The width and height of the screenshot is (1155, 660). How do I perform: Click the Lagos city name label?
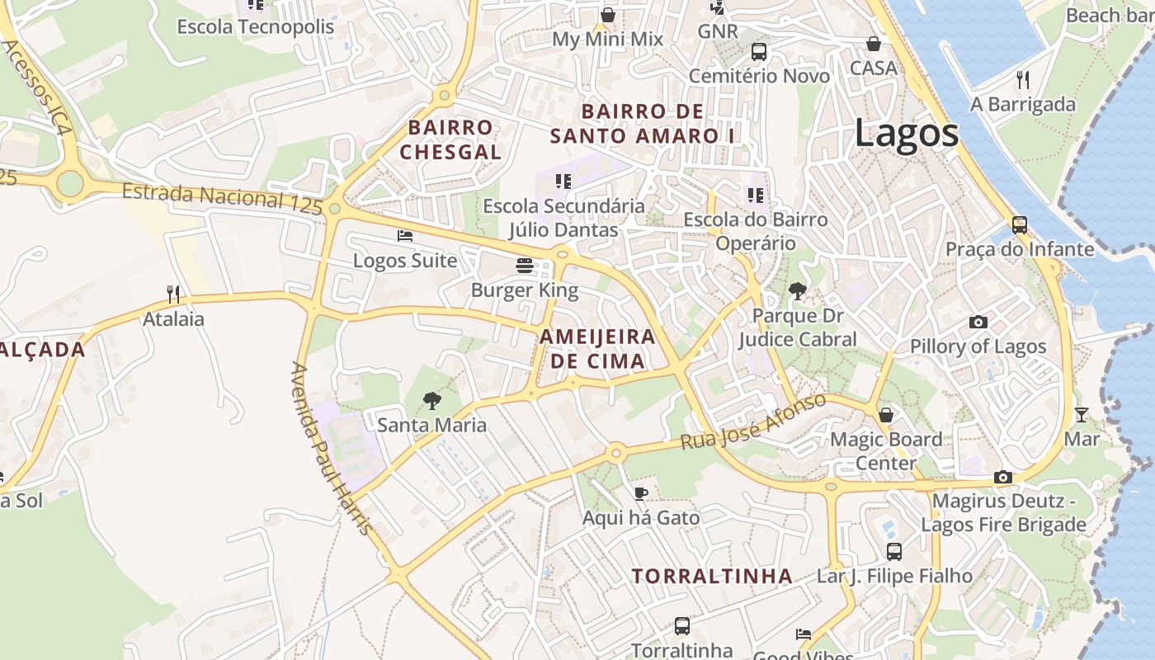906,133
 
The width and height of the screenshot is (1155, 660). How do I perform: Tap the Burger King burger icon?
525,266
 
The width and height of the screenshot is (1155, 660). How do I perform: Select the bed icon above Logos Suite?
404,236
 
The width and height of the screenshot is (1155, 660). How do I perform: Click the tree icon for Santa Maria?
431,401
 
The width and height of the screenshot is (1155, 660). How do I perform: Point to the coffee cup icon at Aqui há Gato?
640,493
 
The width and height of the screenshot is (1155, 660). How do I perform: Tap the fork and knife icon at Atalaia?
173,294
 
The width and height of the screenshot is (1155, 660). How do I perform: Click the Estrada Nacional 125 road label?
221,200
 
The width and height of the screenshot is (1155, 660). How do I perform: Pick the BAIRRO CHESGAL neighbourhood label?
450,139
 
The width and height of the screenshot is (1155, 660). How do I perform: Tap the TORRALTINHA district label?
712,576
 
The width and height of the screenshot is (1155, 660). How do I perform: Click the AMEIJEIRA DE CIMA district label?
597,348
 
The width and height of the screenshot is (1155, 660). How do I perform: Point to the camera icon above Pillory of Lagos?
978,322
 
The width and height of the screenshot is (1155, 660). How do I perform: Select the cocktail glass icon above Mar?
1081,414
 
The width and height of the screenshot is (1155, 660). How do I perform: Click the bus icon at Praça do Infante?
1020,224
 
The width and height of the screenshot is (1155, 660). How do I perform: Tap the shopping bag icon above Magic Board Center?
886,414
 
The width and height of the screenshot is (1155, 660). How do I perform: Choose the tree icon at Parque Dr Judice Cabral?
797,290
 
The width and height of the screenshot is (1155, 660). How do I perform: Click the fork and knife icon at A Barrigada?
1023,79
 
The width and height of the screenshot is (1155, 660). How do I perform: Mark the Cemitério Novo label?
759,76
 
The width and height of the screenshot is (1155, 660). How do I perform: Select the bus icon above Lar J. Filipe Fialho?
894,551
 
